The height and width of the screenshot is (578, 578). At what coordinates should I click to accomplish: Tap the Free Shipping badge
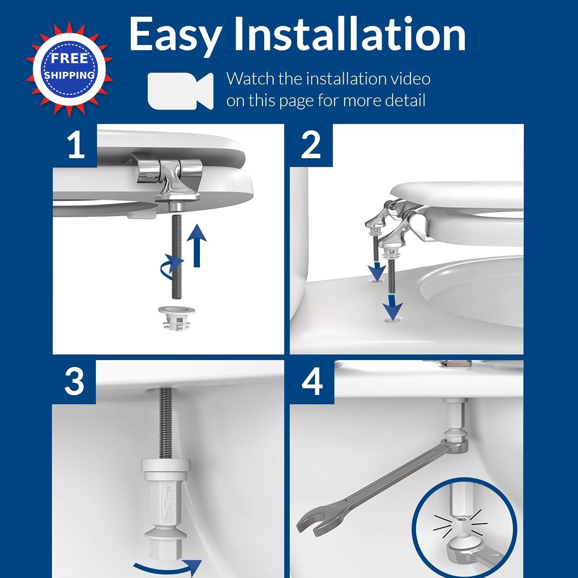69,69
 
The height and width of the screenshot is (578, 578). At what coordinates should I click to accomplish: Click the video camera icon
180,91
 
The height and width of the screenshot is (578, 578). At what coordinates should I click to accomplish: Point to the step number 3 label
74,381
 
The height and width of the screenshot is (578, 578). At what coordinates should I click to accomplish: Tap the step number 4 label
312,381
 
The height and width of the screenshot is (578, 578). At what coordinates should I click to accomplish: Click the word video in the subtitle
411,79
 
